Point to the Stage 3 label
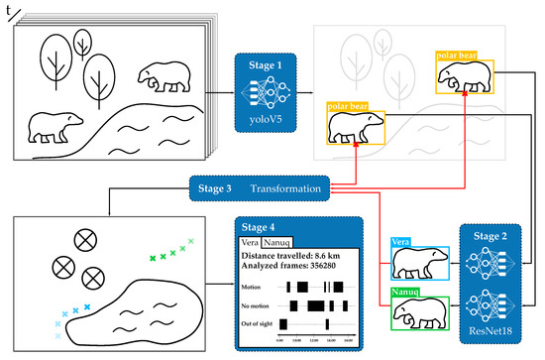[x=218, y=187]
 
